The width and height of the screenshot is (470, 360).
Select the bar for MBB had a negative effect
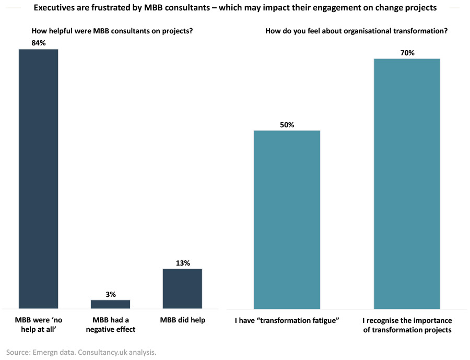[x=110, y=304]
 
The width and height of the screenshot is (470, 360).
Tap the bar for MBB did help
[x=182, y=289]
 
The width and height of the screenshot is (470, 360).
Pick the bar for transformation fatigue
[x=287, y=219]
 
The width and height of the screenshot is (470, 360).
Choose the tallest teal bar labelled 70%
[x=407, y=183]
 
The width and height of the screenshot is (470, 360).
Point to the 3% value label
[x=110, y=294]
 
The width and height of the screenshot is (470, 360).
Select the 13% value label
[x=182, y=263]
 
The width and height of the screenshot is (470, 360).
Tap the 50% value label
[x=287, y=125]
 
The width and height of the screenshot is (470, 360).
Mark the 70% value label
[x=407, y=53]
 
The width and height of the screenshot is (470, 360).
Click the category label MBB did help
[x=182, y=320]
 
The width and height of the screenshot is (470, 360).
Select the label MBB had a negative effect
[x=110, y=325]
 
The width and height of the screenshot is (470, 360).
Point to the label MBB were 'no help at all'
[x=38, y=325]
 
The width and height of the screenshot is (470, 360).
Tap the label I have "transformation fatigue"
[x=287, y=320]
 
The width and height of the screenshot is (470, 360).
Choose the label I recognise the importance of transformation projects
[x=407, y=325]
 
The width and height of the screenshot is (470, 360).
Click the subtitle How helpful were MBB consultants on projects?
[x=112, y=31]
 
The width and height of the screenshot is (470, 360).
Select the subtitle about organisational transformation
[x=356, y=31]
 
